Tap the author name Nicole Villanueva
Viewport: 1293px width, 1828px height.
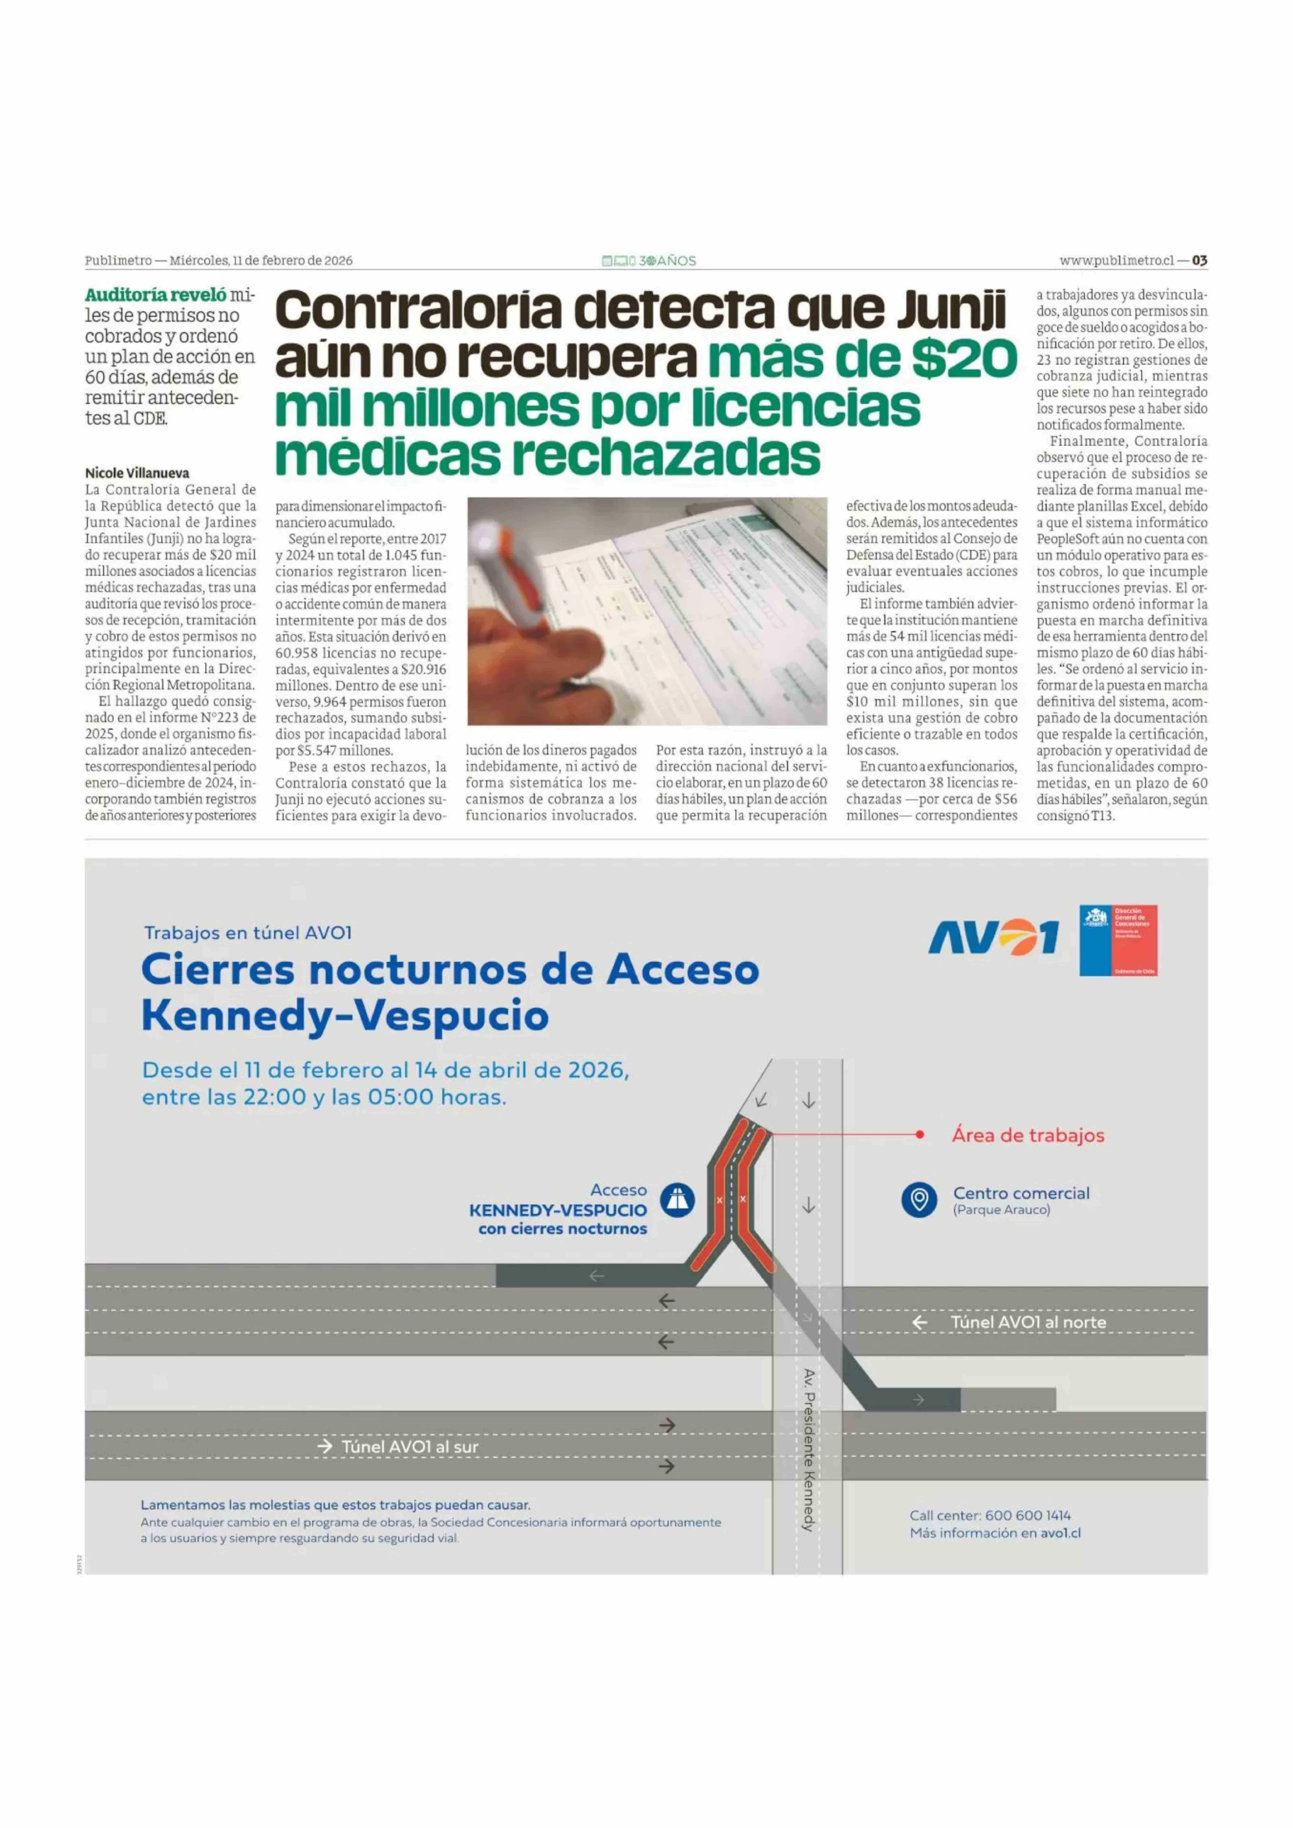tap(137, 473)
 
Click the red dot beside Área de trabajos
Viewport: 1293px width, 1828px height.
tap(920, 1135)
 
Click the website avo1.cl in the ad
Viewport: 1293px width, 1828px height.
tap(1061, 1533)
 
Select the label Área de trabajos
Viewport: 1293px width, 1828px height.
tap(1028, 1135)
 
